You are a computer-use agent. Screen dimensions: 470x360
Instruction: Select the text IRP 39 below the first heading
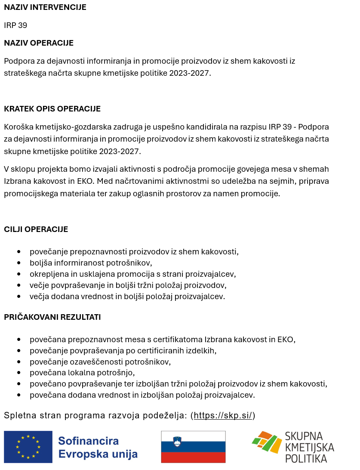[x=15, y=25]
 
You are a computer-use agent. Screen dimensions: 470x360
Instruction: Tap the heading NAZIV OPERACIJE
[x=39, y=43]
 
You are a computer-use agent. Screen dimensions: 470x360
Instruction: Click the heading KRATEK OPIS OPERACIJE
[x=52, y=109]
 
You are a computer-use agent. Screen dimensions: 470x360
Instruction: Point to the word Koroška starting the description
[x=18, y=127]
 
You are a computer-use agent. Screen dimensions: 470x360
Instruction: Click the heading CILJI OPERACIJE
[x=36, y=229]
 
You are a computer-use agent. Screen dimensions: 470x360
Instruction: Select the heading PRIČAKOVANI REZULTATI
[x=52, y=317]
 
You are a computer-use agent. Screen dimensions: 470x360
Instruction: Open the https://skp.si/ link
[x=224, y=416]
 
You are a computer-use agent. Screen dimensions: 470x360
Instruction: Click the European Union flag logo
[x=28, y=446]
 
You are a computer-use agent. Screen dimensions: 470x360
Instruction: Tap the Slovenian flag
[x=193, y=446]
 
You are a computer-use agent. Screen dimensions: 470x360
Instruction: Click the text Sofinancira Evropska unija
[x=98, y=447]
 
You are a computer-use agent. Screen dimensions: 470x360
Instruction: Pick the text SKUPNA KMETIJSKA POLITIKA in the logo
[x=309, y=447]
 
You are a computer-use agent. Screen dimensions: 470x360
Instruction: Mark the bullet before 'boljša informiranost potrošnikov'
[x=19, y=263]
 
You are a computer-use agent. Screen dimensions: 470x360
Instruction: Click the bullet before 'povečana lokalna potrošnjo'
[x=19, y=373]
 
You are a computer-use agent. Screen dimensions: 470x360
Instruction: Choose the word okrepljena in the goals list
[x=47, y=274]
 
